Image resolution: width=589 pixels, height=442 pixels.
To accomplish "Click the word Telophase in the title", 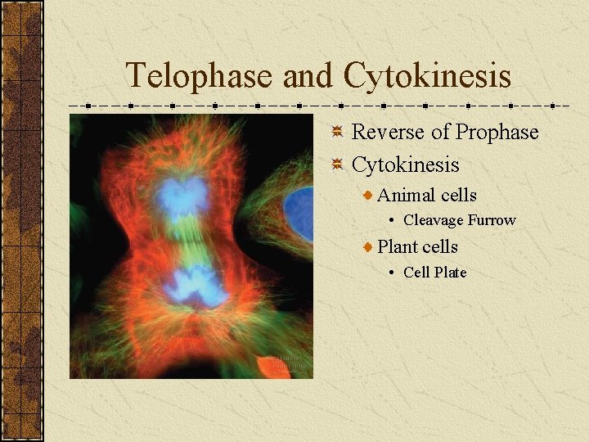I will click(199, 76).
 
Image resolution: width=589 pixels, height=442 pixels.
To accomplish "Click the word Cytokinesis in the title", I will click(427, 76).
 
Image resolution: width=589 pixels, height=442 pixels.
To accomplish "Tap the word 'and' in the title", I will click(308, 76).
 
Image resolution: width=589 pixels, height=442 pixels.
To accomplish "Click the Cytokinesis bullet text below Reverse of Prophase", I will click(405, 165).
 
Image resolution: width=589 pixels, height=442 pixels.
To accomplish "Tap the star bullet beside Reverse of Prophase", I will click(337, 132).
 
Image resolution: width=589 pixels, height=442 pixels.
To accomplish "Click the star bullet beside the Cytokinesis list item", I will click(337, 165).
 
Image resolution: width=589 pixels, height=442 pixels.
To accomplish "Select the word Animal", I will click(407, 196).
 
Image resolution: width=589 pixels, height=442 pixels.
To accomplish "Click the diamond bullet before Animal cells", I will click(369, 196).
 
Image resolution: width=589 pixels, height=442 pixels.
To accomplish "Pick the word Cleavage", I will click(434, 220).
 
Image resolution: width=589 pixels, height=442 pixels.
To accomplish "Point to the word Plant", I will click(398, 247).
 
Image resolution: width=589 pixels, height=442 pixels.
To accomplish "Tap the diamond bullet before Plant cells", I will click(369, 247).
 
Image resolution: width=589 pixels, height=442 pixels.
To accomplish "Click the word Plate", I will click(450, 273).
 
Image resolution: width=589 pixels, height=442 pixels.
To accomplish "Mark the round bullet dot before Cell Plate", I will click(393, 273).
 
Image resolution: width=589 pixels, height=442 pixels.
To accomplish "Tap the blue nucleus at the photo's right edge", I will click(300, 213).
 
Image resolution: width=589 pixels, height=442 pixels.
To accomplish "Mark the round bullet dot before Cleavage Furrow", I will click(393, 220).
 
